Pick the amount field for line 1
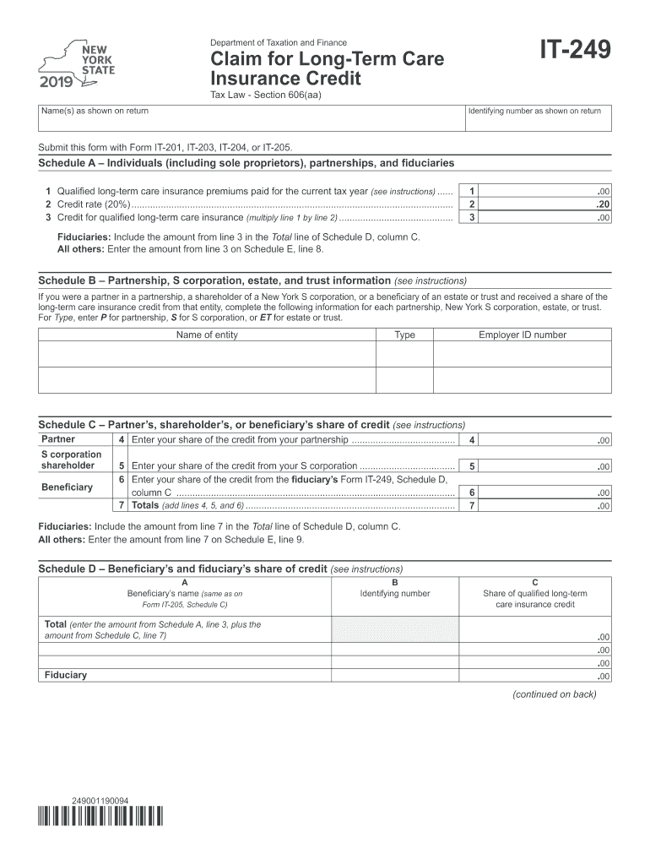pyautogui.click(x=550, y=191)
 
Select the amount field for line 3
pyautogui.click(x=550, y=218)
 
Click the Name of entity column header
pyautogui.click(x=207, y=335)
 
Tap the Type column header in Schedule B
pyautogui.click(x=404, y=335)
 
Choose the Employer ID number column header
pyautogui.click(x=523, y=335)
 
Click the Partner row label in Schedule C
pyautogui.click(x=58, y=439)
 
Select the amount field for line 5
pyautogui.click(x=550, y=466)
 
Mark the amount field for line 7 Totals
pyautogui.click(x=550, y=506)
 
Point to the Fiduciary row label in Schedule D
pyautogui.click(x=65, y=676)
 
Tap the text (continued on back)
pyautogui.click(x=554, y=694)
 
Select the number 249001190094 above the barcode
pyautogui.click(x=100, y=799)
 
